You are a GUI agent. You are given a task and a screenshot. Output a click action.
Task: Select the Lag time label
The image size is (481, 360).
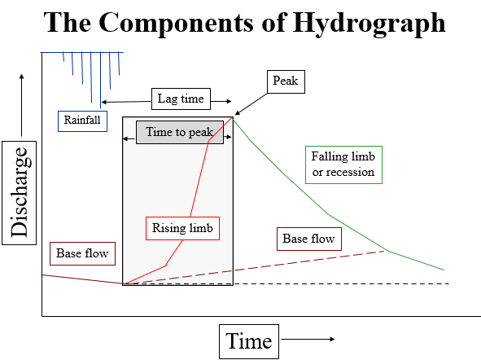coord(181,99)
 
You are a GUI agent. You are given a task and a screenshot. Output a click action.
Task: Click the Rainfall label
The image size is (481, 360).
coord(82,120)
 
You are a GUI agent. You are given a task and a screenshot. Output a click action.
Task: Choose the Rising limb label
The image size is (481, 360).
coord(181,228)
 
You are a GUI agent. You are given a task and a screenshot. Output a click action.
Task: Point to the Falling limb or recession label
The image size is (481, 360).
coord(343,164)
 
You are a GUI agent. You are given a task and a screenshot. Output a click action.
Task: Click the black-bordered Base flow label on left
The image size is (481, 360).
coord(82,253)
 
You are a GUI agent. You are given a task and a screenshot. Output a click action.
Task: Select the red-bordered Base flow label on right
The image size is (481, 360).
coord(308,239)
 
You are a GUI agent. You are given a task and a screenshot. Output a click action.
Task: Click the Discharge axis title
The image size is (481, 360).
coord(21,193)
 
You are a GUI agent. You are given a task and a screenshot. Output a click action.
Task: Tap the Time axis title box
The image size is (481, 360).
coord(249,340)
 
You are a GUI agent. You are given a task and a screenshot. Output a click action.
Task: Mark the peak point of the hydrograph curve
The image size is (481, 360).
coord(234,117)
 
